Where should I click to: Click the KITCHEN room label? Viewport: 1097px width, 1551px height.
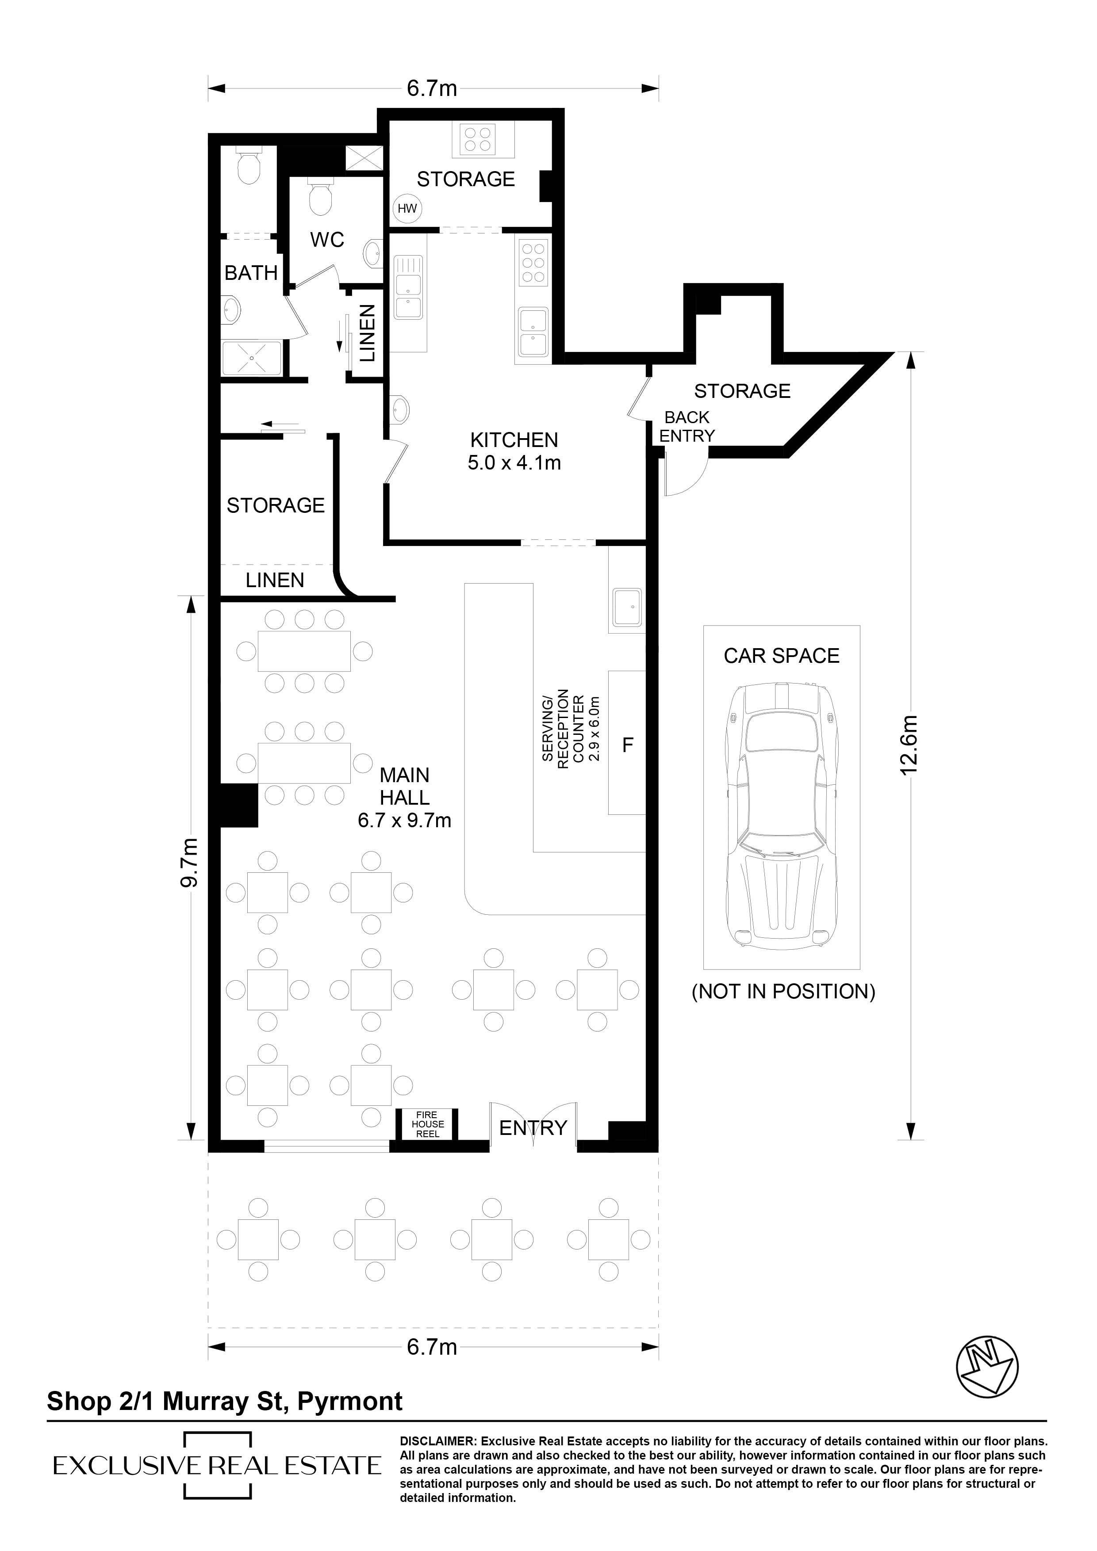pos(514,440)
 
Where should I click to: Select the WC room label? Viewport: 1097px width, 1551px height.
pos(327,239)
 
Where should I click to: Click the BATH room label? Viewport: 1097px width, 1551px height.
pos(251,273)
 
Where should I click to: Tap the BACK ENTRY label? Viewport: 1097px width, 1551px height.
pos(687,427)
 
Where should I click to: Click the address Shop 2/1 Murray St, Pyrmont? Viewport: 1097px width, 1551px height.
pos(224,1401)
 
